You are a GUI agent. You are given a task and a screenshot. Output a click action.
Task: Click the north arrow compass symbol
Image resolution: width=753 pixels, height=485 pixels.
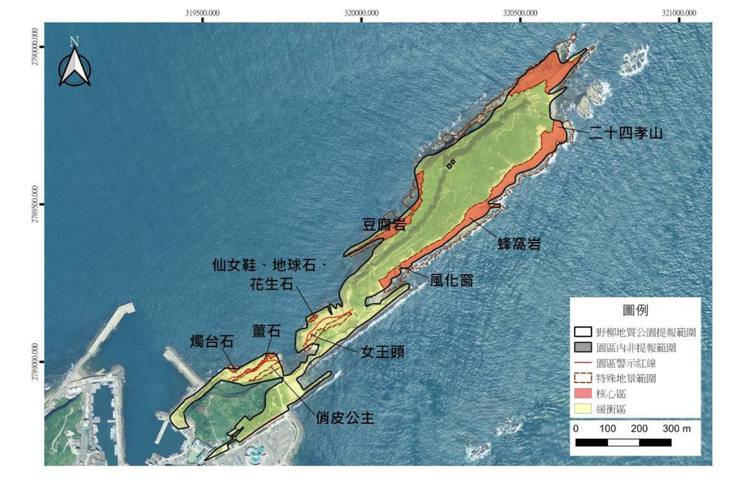74,64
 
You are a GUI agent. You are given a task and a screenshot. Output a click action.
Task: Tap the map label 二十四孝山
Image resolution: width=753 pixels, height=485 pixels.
625,133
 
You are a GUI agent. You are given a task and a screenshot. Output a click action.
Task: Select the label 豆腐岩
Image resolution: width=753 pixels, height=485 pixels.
384,225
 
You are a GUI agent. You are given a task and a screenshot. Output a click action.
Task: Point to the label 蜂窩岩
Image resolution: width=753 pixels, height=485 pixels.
519,244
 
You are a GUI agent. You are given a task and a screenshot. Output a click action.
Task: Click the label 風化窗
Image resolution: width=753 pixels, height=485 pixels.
451,280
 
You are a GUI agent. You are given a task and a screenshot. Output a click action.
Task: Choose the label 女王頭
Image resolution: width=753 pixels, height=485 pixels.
382,352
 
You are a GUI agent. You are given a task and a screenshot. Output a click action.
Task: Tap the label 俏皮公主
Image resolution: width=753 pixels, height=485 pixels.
345,417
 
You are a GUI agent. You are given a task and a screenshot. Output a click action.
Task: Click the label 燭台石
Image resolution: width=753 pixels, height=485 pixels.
212,341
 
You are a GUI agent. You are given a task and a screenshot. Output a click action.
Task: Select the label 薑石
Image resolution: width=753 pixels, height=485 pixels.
266,331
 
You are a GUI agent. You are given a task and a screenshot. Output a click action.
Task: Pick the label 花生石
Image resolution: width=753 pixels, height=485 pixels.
272,284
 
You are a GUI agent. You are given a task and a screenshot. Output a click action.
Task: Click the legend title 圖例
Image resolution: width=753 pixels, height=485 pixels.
635,310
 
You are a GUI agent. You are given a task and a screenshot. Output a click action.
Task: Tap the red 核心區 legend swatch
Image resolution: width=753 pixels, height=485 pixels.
583,393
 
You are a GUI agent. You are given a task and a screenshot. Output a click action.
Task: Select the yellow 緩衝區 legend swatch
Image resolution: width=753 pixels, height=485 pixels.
583,409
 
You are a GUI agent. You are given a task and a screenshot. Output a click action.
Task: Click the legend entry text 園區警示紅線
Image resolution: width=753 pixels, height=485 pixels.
626,363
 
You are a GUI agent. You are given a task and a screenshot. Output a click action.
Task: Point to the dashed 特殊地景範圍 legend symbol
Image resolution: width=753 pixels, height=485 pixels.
583,378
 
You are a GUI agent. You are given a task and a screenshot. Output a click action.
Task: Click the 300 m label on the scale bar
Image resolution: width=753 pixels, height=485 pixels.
676,429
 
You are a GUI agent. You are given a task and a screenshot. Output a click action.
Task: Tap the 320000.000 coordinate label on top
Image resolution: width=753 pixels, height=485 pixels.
361,13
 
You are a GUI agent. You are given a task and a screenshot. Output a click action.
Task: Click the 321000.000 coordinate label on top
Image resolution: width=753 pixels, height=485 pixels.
679,13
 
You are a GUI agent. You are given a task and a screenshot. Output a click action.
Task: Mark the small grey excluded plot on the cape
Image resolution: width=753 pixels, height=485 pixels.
451,164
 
